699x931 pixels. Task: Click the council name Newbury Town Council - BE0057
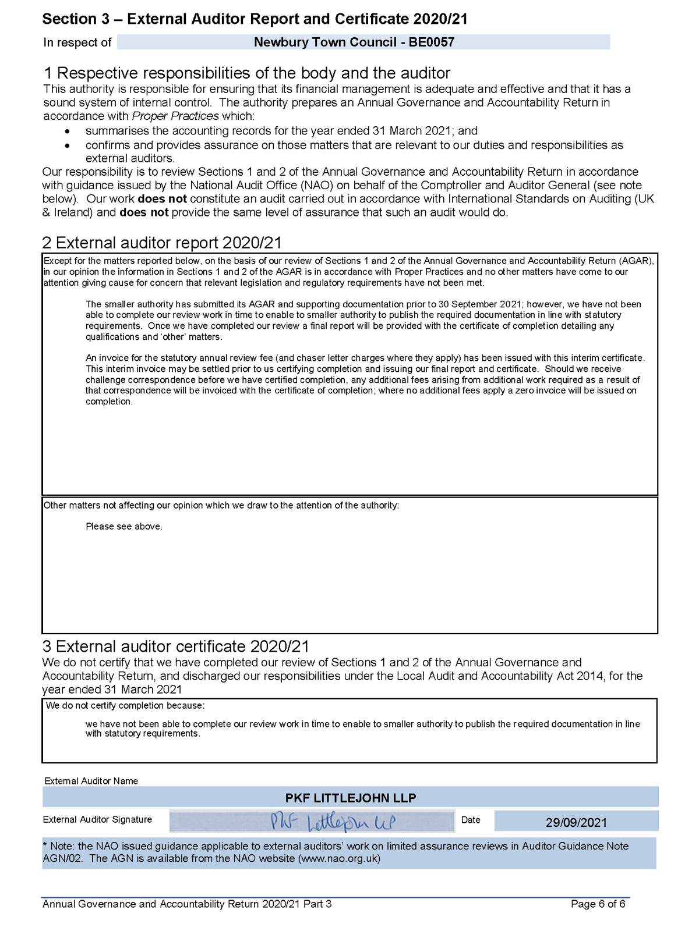(x=354, y=42)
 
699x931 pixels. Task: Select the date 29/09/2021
(x=576, y=822)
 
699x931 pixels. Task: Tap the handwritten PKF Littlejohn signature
(x=332, y=822)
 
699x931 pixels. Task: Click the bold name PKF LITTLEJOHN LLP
(x=350, y=798)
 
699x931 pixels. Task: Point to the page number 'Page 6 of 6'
(x=598, y=904)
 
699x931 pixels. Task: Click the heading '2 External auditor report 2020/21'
(x=162, y=243)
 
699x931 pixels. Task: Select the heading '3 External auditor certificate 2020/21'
(x=175, y=646)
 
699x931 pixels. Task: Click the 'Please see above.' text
(x=124, y=527)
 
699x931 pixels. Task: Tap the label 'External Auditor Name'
(x=91, y=781)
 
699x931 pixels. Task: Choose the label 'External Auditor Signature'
(x=97, y=819)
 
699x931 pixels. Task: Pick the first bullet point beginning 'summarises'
(x=281, y=131)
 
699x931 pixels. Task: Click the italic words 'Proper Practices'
(x=175, y=116)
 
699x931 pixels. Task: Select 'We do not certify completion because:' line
(x=125, y=706)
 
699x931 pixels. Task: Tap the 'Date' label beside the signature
(x=471, y=820)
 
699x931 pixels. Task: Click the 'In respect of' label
(x=77, y=42)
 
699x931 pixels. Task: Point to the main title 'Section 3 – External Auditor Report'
(x=255, y=19)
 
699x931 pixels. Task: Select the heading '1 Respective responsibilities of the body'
(x=247, y=73)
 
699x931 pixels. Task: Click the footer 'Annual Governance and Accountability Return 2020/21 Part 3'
(x=187, y=904)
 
